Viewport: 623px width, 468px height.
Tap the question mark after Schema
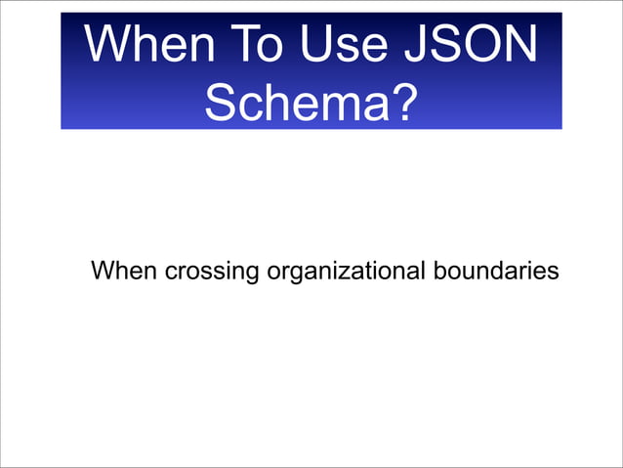click(398, 103)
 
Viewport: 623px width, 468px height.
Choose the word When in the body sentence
click(123, 270)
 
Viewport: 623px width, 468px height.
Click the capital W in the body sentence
click(103, 270)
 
